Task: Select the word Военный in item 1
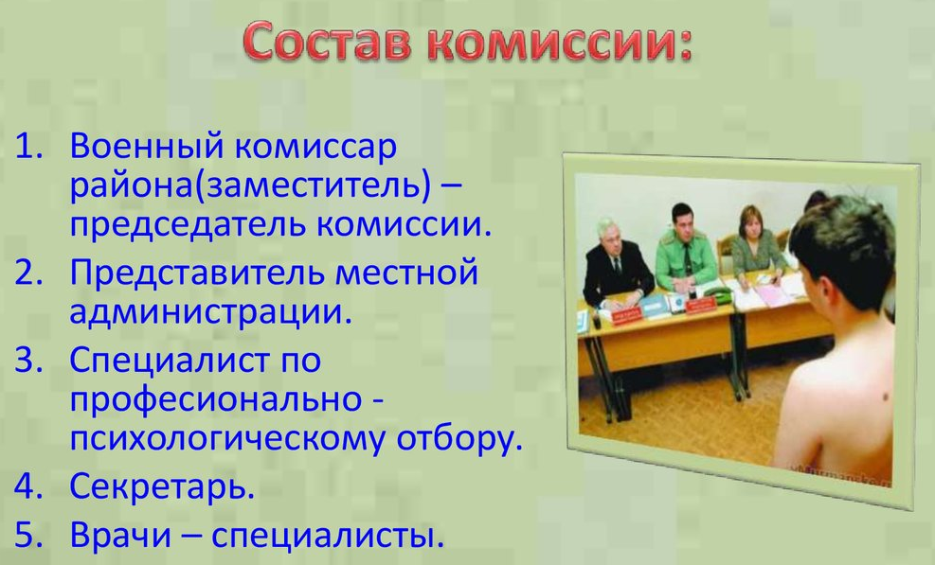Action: tap(147, 147)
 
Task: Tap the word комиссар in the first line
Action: tap(315, 148)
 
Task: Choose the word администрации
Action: tap(210, 312)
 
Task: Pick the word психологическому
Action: tap(228, 439)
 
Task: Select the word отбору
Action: tap(459, 439)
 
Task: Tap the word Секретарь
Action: tap(162, 486)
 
